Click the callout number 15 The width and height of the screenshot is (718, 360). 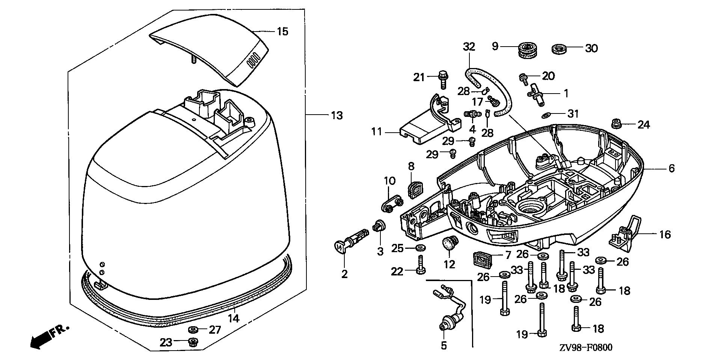(282, 31)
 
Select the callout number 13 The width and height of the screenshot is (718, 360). (336, 115)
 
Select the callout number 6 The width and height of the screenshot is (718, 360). (671, 168)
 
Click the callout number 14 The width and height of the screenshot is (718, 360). (234, 318)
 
